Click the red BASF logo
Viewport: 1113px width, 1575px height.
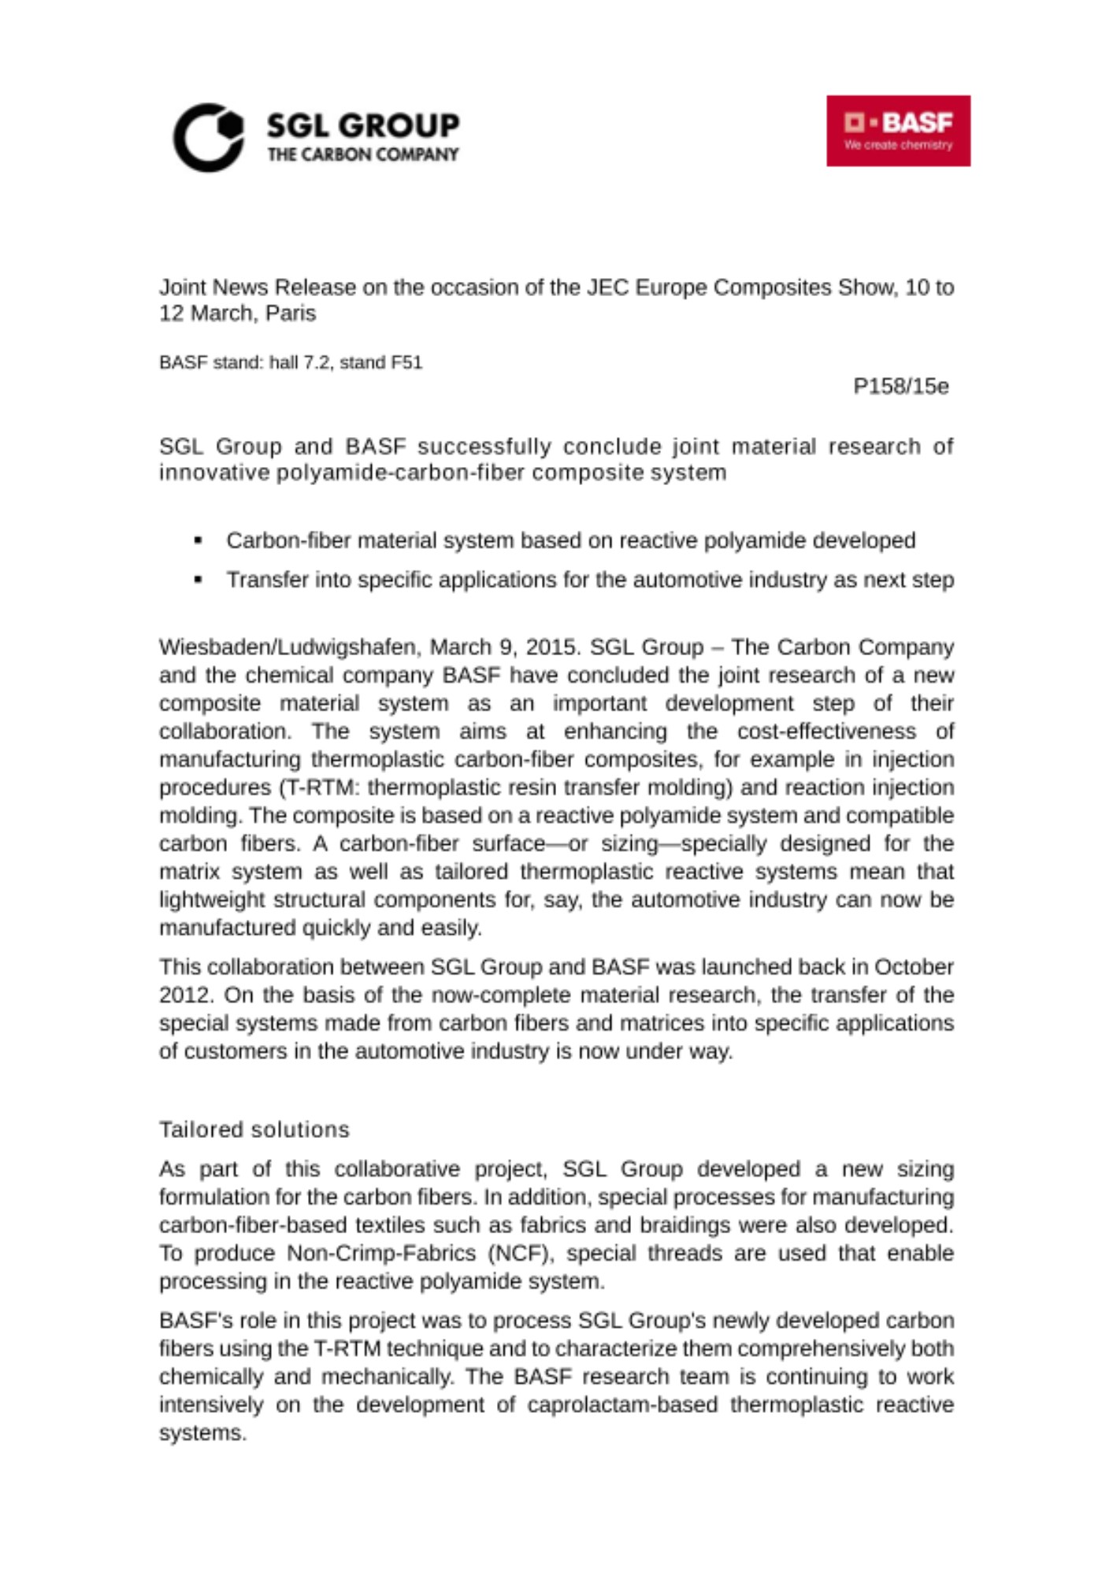pos(898,131)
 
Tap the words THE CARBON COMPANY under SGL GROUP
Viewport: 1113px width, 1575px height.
pos(362,154)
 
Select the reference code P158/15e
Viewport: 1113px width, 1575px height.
pos(901,387)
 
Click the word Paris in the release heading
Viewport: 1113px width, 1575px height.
pos(291,313)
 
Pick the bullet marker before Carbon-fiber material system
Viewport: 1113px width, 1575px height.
pos(198,541)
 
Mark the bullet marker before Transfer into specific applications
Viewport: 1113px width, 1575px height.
pos(198,580)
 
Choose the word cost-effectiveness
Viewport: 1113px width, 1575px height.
pos(826,732)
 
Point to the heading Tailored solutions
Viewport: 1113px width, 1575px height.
pos(254,1129)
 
